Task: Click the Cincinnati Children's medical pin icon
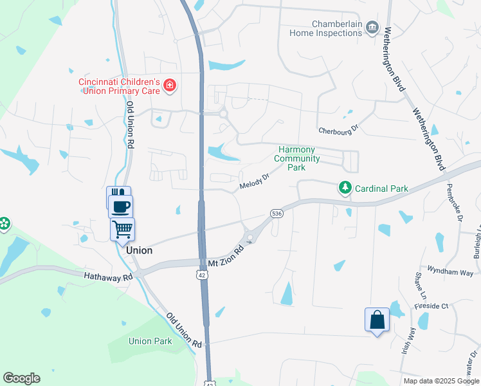(170, 86)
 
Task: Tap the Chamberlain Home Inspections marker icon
(372, 28)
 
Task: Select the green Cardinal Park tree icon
(346, 188)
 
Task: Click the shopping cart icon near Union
(122, 229)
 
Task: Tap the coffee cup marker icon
(121, 207)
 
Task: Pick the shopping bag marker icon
(377, 320)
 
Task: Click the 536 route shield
(277, 214)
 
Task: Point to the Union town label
(140, 250)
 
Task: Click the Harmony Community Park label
(296, 158)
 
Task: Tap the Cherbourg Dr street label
(337, 131)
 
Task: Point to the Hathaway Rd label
(107, 275)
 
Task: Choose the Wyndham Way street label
(450, 272)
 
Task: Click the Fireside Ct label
(431, 306)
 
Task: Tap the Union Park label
(150, 341)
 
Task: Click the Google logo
(21, 378)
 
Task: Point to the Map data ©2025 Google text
(441, 381)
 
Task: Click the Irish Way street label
(409, 337)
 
